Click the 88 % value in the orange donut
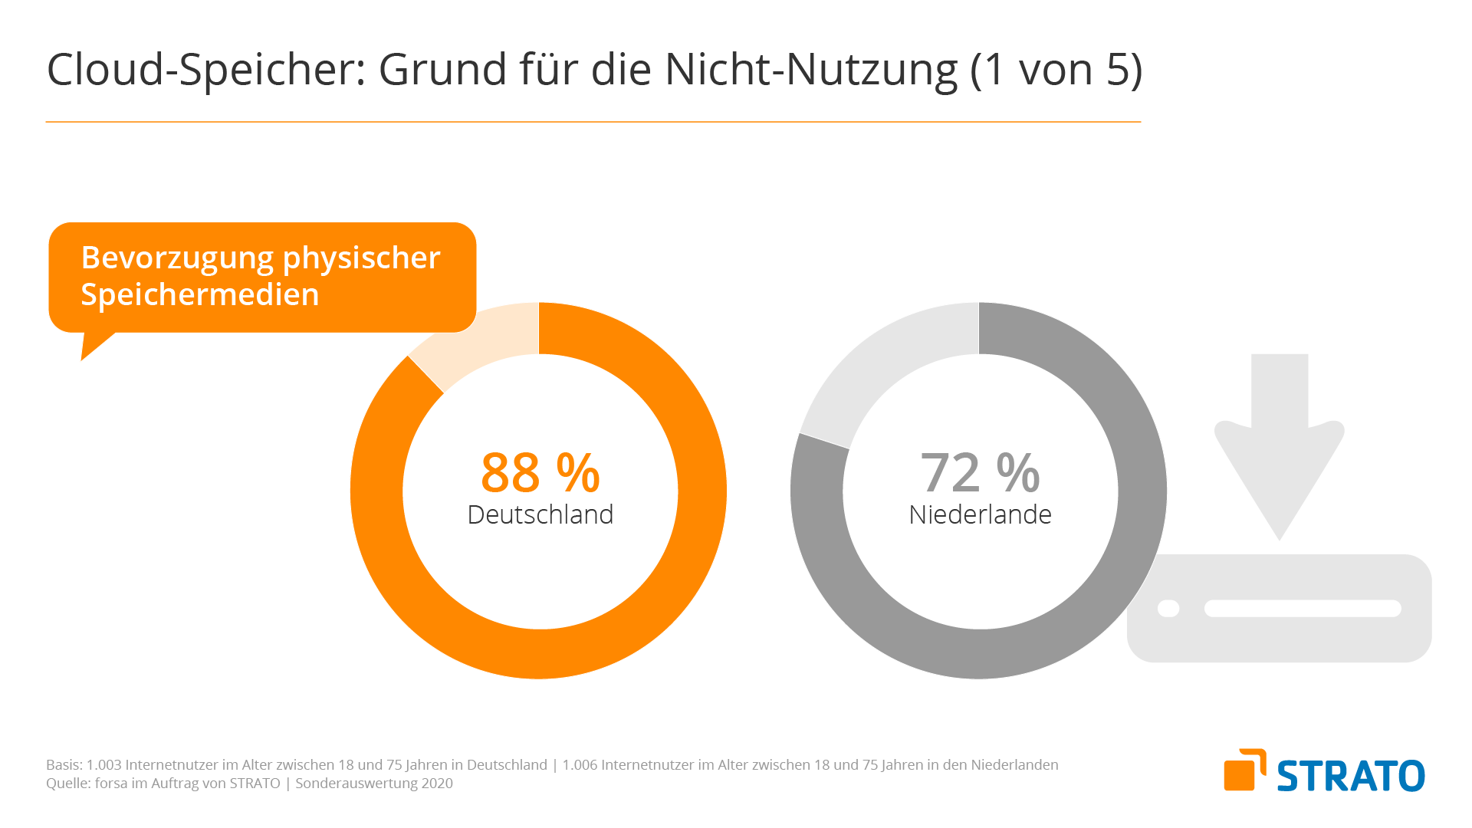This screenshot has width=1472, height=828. [x=540, y=472]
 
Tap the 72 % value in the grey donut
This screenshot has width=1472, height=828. [x=979, y=472]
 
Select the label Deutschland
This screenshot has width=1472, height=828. [x=540, y=514]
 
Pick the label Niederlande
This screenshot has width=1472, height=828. [x=979, y=514]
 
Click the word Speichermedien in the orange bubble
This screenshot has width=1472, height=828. [x=199, y=295]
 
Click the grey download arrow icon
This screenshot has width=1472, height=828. [x=1279, y=445]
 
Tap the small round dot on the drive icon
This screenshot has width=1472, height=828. [x=1168, y=609]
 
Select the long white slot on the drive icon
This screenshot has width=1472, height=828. [x=1302, y=609]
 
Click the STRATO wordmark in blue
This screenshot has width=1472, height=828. [x=1350, y=776]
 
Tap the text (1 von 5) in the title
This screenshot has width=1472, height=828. [x=1056, y=70]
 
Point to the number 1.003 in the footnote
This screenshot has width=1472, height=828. [x=103, y=765]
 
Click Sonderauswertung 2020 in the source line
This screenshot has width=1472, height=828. [x=374, y=784]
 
